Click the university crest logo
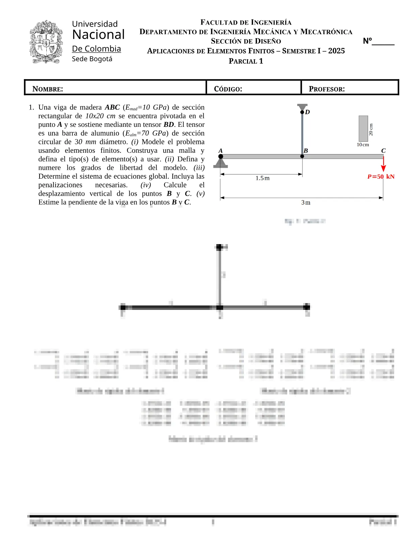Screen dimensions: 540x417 [x=46, y=42]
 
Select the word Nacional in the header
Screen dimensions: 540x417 [x=98, y=35]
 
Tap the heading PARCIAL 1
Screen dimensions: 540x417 [x=246, y=61]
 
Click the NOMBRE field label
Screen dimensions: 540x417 [x=48, y=89]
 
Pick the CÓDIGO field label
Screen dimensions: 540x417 [x=228, y=89]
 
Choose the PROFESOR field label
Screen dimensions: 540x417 [x=327, y=89]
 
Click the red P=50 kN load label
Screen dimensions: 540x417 [x=381, y=177]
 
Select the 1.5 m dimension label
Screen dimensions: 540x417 [x=262, y=178]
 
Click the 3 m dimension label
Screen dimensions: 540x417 [x=306, y=202]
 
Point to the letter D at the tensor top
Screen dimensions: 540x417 [x=307, y=112]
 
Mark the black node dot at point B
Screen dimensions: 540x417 [x=302, y=156]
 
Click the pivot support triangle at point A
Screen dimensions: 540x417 [x=220, y=163]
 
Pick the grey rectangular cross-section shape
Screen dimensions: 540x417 [x=363, y=129]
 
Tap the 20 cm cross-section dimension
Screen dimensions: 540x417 [x=371, y=130]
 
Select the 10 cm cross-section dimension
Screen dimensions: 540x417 [x=363, y=145]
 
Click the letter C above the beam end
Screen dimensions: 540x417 [x=383, y=151]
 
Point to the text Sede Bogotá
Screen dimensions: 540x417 [x=92, y=59]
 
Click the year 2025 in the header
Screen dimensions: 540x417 [x=336, y=51]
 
